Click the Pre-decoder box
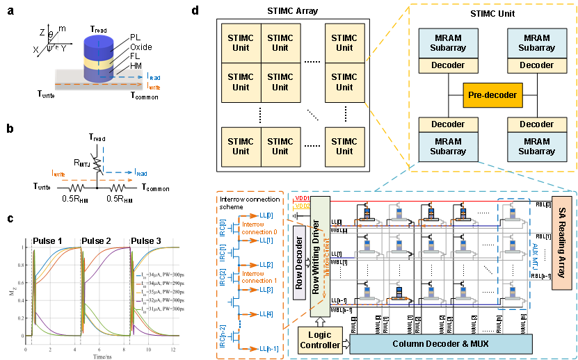click(492, 95)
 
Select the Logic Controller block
click(319, 340)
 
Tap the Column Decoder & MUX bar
click(441, 344)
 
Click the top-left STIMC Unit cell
click(241, 42)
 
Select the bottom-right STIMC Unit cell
click(344, 146)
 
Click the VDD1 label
click(302, 199)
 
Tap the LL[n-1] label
click(268, 348)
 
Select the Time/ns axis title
click(103, 355)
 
